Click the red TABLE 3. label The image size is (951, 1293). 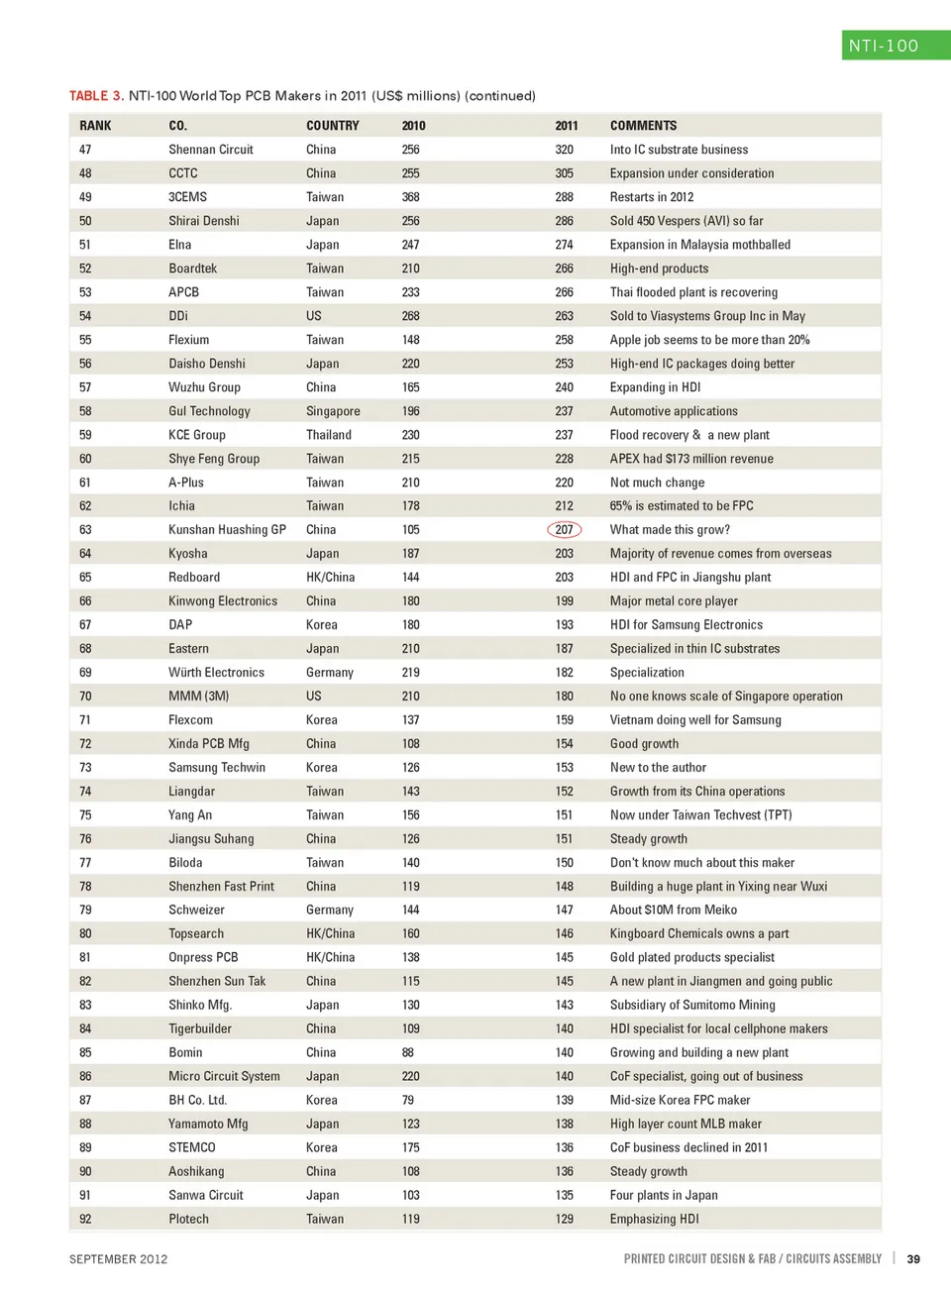[x=96, y=96]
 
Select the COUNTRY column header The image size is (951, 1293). [x=332, y=126]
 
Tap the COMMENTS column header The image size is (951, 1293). [x=643, y=126]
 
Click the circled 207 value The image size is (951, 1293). [x=565, y=530]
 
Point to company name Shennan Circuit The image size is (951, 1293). [x=210, y=150]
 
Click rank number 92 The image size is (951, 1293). [x=85, y=1219]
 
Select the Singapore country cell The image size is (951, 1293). [x=333, y=411]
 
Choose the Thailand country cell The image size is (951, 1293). [x=328, y=435]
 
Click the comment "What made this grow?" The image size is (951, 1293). [x=670, y=530]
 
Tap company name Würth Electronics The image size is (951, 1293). [x=216, y=673]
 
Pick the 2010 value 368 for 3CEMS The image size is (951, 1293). [x=411, y=197]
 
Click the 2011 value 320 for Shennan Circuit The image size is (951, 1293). [x=565, y=150]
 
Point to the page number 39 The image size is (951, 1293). [x=913, y=1259]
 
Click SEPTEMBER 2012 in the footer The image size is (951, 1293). [x=118, y=1259]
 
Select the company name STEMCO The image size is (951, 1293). [x=191, y=1147]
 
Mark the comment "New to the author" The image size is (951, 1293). [x=658, y=768]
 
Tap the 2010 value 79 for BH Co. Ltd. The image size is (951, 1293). [x=408, y=1100]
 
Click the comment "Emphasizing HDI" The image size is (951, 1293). [x=654, y=1219]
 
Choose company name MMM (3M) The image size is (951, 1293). [x=198, y=697]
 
